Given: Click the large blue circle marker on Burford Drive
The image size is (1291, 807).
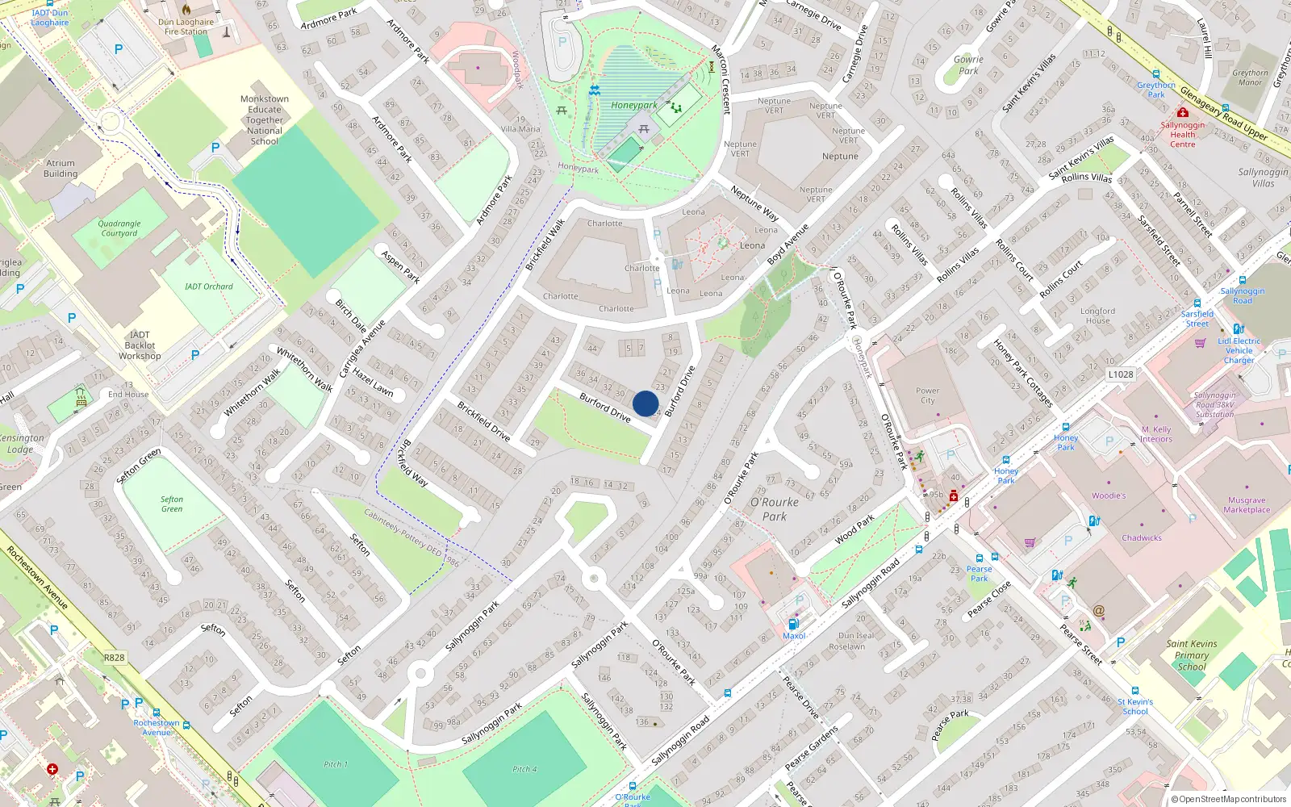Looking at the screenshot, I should tap(645, 403).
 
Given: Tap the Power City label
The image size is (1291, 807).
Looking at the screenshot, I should tap(928, 395).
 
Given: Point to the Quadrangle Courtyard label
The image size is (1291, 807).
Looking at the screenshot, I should tap(119, 228).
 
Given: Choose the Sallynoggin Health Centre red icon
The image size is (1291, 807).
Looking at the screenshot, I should tap(1183, 113).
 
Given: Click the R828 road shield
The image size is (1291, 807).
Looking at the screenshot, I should tap(114, 658).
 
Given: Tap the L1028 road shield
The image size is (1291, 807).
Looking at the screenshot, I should tap(1120, 374).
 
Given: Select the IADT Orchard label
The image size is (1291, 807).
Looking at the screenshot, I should tap(208, 286).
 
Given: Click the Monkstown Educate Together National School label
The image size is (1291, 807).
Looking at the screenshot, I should tap(265, 120).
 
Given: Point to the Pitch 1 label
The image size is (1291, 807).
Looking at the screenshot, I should tap(336, 764).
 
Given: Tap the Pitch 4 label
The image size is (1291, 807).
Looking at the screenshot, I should tap(524, 769).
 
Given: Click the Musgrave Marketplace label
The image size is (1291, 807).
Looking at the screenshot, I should tap(1247, 505).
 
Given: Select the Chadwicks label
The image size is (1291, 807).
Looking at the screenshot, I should tap(1142, 537).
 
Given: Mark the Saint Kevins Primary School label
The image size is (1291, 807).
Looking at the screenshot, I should tap(1192, 655).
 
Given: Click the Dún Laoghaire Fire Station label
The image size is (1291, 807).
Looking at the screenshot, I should tap(186, 27).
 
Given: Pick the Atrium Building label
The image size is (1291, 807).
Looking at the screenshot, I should tap(61, 169).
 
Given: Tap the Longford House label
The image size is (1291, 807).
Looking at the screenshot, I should tap(1097, 316).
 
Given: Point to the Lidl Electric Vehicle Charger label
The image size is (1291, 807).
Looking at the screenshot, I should tap(1239, 350).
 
